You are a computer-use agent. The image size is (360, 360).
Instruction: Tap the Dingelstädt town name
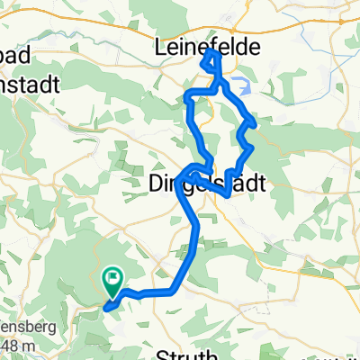click(x=206, y=184)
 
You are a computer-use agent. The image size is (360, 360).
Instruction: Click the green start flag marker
click(x=113, y=282)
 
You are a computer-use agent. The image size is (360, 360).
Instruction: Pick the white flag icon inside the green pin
click(x=113, y=278)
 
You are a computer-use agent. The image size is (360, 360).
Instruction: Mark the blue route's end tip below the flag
click(x=106, y=309)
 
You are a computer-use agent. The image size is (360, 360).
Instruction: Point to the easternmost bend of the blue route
click(x=256, y=122)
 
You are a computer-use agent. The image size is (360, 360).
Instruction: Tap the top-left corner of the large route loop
click(x=187, y=94)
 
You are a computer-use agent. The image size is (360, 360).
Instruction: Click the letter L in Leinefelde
click(x=162, y=45)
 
